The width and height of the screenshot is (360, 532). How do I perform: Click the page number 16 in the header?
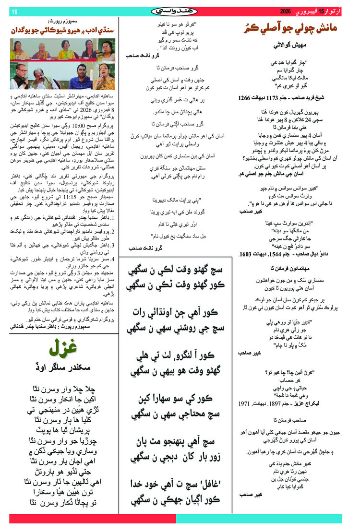[x=14, y=12]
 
